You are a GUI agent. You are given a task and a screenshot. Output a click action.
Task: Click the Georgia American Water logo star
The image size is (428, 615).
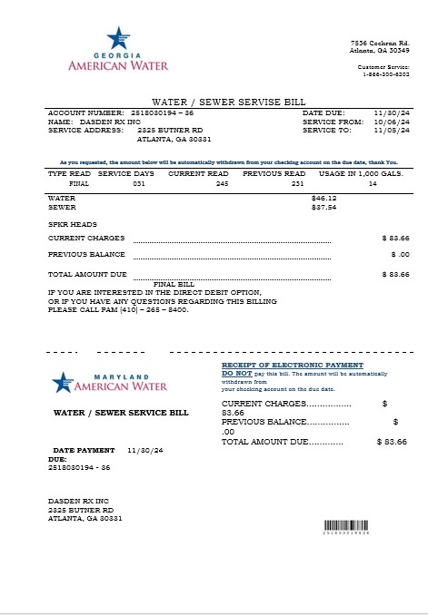pos(115,38)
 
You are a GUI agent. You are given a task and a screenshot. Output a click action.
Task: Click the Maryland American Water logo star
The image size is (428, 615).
pos(62,382)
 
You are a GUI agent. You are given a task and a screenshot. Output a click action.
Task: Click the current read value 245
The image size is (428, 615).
pos(222,183)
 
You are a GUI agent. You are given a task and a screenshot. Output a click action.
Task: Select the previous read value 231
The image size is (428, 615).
pos(297,183)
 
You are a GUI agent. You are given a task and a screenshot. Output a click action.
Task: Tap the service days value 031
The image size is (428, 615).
pos(139,183)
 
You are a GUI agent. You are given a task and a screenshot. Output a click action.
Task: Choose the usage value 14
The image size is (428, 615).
pos(373,183)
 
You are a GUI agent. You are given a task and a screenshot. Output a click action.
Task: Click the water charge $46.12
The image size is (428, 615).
pos(323,197)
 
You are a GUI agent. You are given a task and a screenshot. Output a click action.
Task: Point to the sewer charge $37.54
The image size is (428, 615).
pos(323,207)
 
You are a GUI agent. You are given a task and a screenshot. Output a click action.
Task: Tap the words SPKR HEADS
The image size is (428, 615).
pos(72,223)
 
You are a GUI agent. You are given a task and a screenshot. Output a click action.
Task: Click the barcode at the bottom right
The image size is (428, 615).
pos(346,528)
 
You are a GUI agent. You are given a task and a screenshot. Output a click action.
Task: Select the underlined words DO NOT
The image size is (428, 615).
pos(237,373)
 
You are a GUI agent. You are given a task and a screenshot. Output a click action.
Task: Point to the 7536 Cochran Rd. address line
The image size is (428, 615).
pos(380,44)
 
